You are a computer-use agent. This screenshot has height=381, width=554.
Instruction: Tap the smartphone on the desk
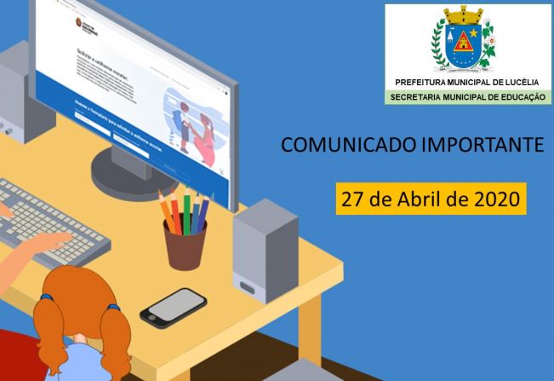(173, 307)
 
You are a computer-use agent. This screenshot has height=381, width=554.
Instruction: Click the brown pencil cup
(185, 245)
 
